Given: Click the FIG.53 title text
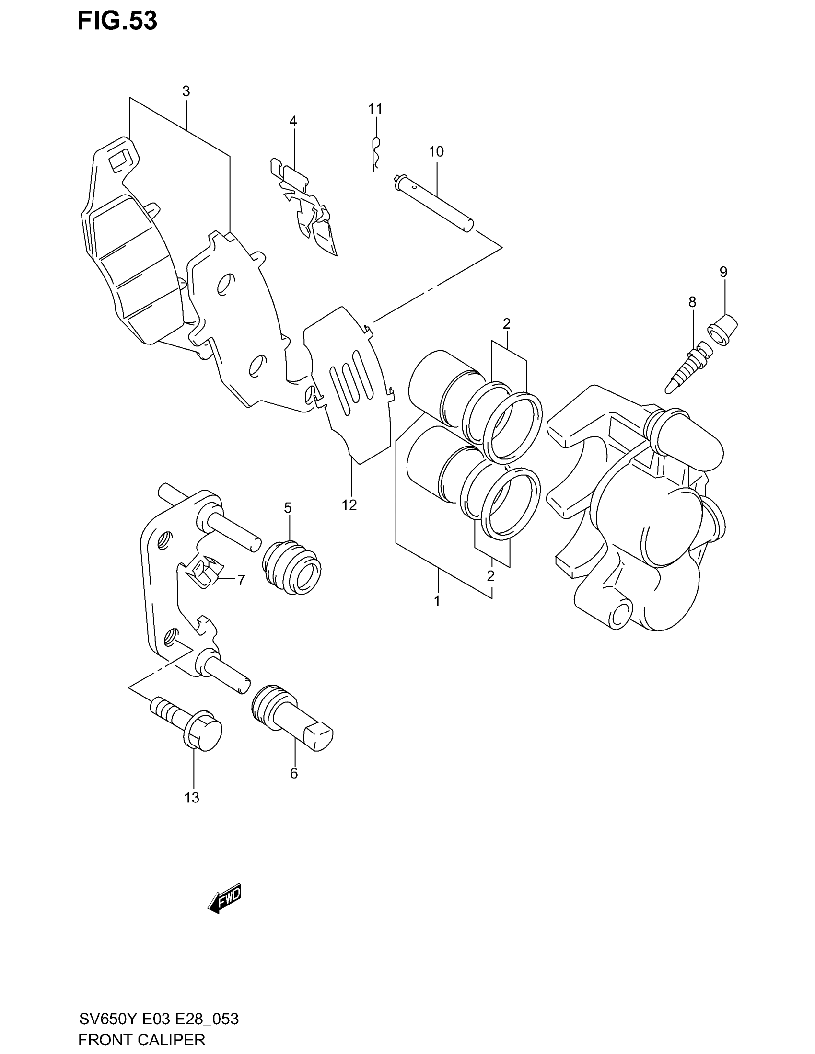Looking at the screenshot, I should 117,22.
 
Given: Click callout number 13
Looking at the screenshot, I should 192,798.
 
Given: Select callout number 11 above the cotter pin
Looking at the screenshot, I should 375,109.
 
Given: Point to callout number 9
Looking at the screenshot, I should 723,272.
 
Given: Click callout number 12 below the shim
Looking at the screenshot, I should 349,505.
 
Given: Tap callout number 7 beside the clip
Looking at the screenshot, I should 241,580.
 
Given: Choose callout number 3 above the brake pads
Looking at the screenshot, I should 186,91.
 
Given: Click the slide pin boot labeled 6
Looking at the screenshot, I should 292,719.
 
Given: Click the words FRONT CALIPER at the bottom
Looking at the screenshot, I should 141,1040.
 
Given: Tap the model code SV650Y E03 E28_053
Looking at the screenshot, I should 158,1019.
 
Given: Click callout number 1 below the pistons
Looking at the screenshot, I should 437,601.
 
